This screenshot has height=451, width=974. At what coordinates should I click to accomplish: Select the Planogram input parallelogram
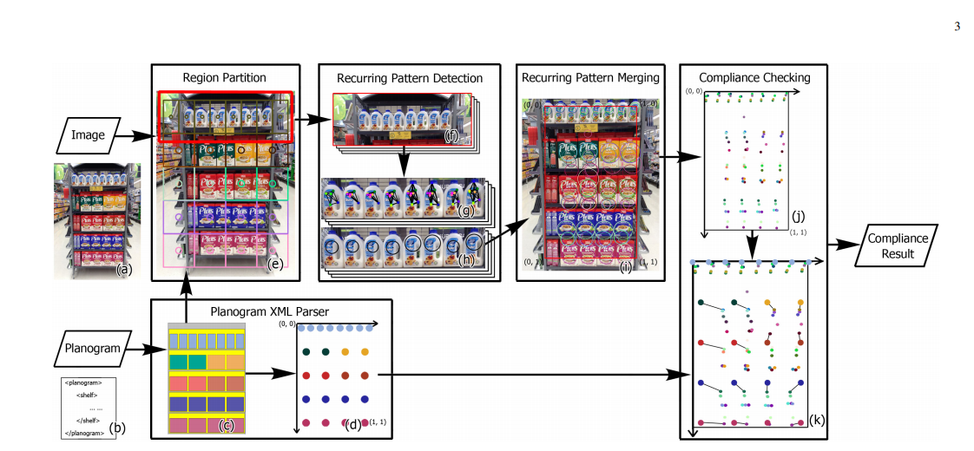point(96,350)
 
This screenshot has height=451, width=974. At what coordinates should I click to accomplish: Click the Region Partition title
point(224,78)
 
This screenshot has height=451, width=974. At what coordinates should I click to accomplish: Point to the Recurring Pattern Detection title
point(409,78)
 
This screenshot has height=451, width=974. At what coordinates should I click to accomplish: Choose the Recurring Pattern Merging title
point(590,78)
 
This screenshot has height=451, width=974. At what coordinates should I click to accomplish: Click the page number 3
point(957,26)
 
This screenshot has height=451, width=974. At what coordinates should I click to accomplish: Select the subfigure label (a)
point(124,269)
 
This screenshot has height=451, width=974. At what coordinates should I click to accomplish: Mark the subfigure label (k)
point(817,421)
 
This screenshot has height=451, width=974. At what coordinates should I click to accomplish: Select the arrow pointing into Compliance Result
point(841,245)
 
